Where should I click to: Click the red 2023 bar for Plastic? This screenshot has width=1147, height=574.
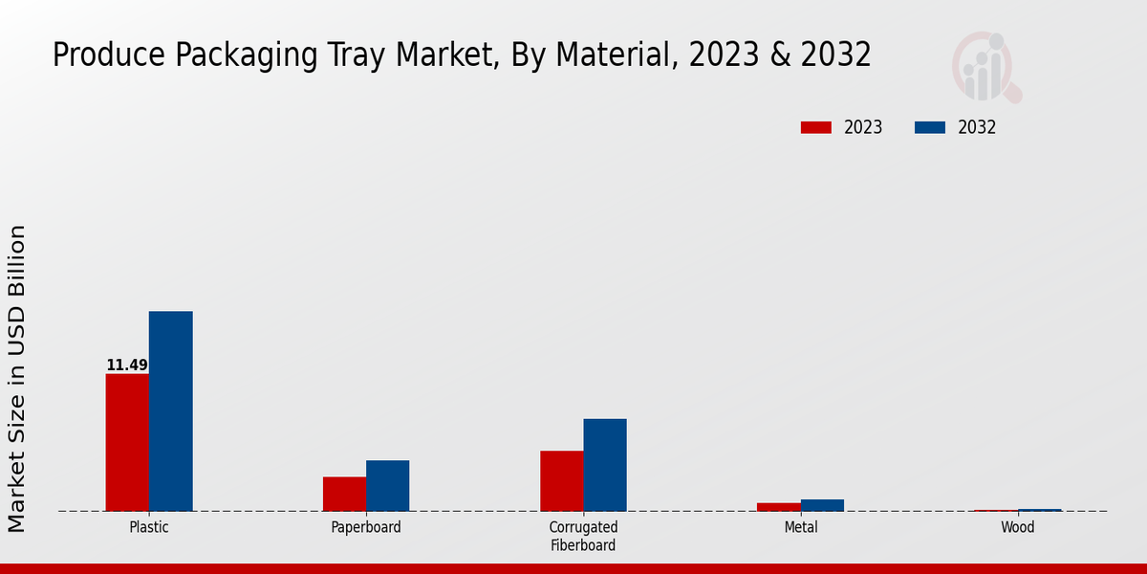coord(127,442)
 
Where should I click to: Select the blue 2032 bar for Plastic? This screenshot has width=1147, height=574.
coord(170,411)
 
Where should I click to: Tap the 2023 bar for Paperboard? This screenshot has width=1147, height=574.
coord(344,494)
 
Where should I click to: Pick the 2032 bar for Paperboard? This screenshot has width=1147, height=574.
coord(387,485)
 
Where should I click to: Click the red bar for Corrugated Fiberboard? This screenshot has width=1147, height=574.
coord(561,480)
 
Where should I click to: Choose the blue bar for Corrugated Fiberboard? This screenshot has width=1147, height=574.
coord(605,465)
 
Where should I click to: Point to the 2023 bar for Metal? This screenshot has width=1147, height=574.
coord(778,507)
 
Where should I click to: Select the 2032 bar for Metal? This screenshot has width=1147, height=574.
coord(822,505)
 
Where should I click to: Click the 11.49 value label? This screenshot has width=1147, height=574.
coord(127,365)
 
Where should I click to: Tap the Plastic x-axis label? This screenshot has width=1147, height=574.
coord(148,527)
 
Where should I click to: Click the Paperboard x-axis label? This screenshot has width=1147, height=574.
coord(366,527)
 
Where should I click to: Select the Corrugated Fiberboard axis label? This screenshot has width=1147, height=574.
coord(583,536)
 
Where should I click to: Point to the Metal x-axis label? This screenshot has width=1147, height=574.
coord(801,527)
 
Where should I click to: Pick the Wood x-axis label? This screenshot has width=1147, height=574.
coord(1018,527)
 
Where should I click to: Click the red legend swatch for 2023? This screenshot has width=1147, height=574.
coord(815,127)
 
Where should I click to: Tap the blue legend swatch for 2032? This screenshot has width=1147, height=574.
coord(929,127)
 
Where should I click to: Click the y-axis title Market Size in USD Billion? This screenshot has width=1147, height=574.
coord(17,378)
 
